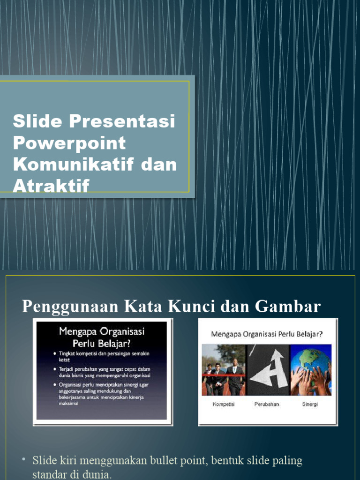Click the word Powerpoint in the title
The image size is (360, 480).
coord(69,143)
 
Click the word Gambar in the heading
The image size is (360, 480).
coord(288,307)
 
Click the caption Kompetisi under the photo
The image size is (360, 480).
coord(223,404)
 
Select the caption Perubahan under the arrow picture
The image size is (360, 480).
coord(267,404)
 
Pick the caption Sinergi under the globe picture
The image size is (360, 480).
coord(310,404)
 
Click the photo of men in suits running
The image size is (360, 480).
coord(223,370)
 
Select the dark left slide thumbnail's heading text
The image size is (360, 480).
coord(102,337)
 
